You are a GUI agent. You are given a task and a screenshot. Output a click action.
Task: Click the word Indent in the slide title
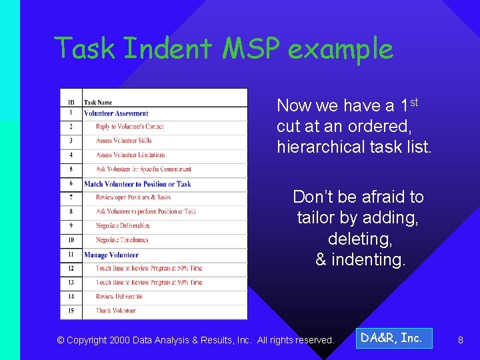pos(167,49)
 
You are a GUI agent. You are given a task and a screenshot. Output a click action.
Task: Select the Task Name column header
pos(98,103)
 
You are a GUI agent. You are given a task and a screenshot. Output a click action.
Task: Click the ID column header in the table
pos(71,103)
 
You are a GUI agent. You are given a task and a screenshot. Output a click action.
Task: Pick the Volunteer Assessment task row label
pos(116,113)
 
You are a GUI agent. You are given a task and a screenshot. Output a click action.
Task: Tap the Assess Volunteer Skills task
pos(124,141)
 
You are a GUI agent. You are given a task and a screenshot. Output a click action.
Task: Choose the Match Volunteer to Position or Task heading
pos(137,184)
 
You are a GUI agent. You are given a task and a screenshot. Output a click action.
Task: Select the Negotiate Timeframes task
pos(122,240)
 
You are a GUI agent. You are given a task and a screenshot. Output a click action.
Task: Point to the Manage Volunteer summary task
pos(111,255)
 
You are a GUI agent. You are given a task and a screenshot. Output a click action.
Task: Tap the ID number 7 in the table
pos(71,198)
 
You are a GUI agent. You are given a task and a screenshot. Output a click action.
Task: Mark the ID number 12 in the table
pos(71,269)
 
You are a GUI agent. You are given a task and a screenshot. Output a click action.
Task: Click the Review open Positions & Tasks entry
pos(133,198)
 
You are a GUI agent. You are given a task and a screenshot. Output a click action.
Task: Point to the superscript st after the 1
pos(413,102)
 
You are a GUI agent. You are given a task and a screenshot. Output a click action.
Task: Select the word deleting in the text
pos(360,239)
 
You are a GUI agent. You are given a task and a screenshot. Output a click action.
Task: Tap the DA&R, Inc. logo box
pos(392,339)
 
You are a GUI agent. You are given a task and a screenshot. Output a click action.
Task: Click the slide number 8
pos(460,340)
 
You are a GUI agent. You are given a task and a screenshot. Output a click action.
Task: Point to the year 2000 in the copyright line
pos(119,340)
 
